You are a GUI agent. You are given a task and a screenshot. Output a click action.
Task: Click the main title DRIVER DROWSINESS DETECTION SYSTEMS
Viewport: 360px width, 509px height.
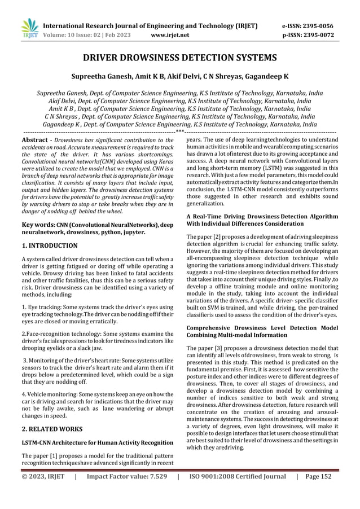(179, 58)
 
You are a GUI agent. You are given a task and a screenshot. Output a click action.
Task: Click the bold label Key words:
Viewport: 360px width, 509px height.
(38, 225)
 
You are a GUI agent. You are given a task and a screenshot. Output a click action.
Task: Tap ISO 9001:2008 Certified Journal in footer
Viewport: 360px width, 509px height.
(238, 492)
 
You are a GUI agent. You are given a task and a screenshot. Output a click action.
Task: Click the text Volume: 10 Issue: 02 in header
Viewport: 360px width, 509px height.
(71, 35)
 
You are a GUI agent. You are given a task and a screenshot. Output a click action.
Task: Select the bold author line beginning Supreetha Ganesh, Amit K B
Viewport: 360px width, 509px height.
(179, 76)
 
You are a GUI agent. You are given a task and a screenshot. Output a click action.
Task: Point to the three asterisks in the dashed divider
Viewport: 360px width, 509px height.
(179, 131)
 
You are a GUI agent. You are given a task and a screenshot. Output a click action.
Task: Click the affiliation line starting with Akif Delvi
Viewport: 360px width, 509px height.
(179, 102)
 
